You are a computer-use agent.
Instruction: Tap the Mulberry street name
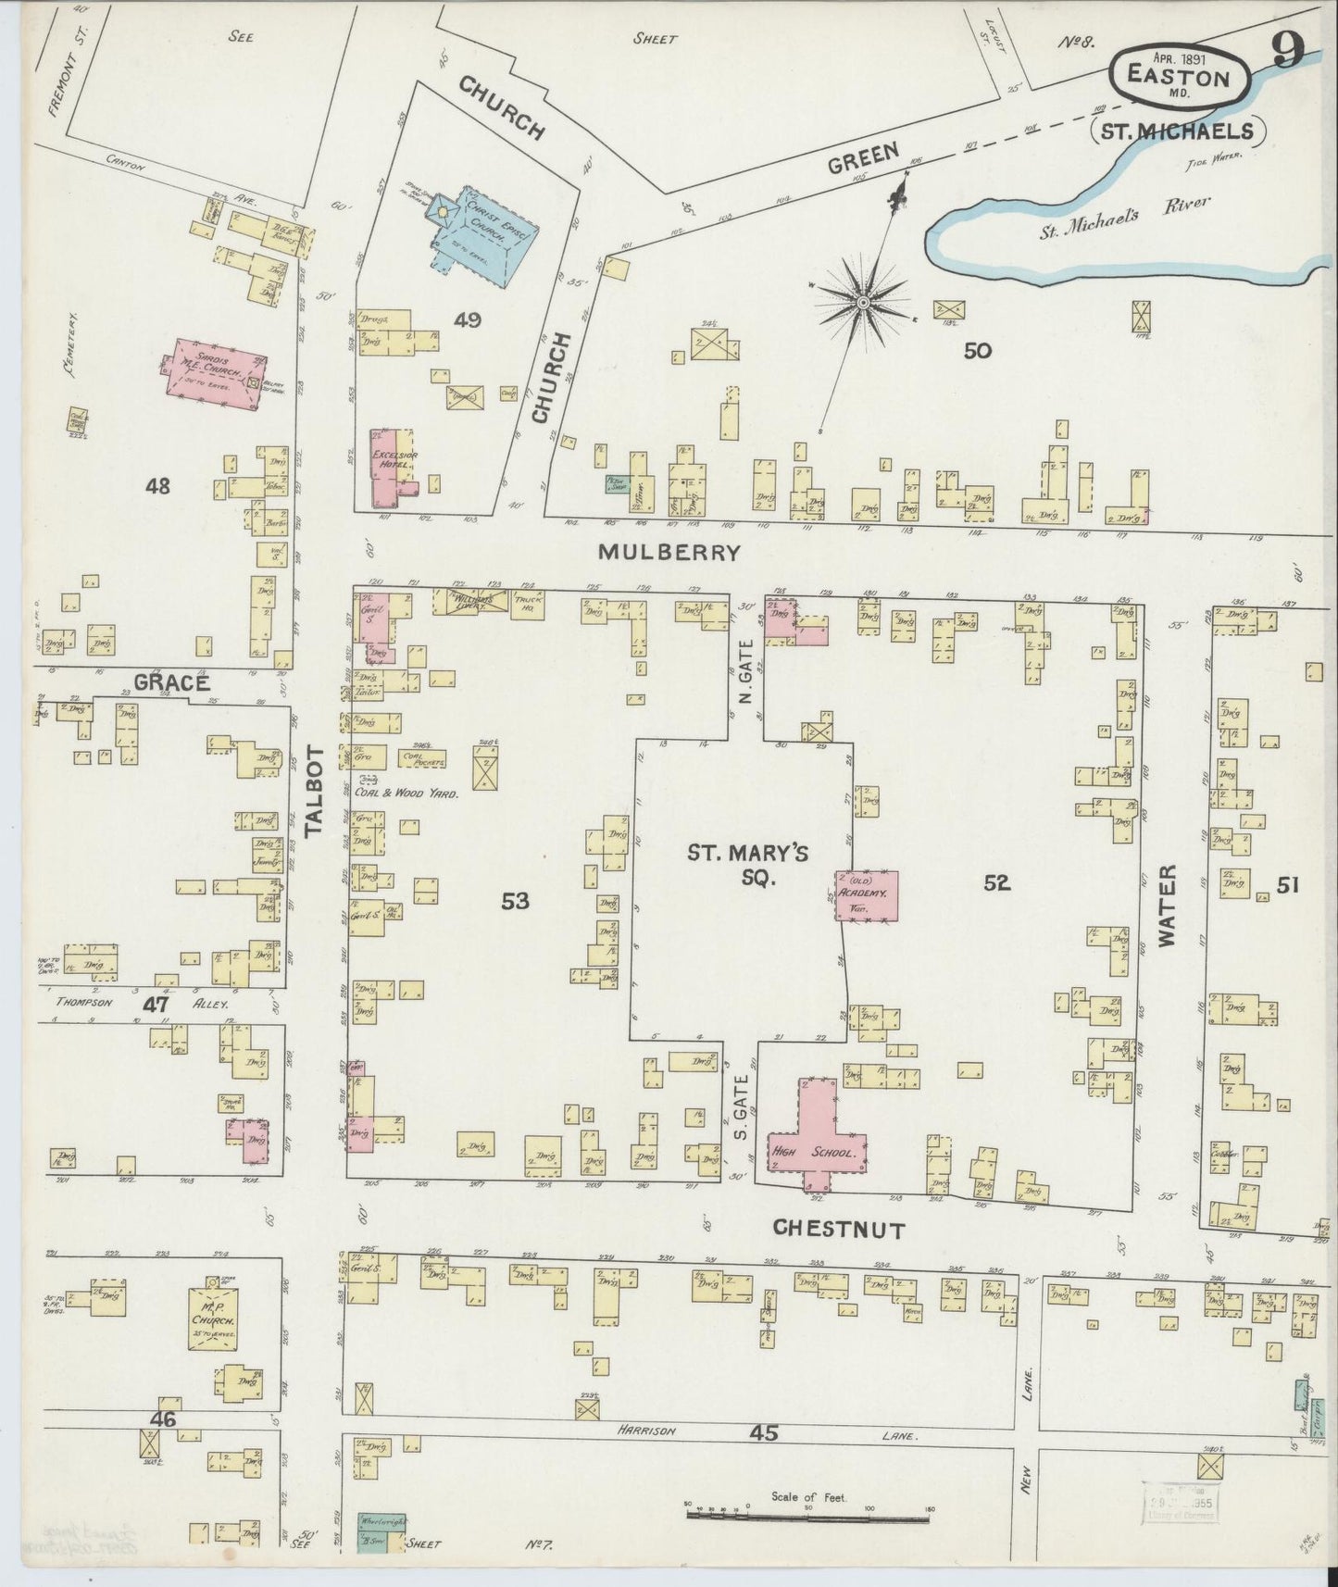669,553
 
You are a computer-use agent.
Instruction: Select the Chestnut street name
838,1229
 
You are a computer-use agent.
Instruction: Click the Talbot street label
315,791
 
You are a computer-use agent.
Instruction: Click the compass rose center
863,303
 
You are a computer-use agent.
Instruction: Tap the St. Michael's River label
1124,214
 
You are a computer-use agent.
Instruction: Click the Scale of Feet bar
807,1515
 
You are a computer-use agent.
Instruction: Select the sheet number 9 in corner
1287,51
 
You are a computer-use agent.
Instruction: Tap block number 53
515,899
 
